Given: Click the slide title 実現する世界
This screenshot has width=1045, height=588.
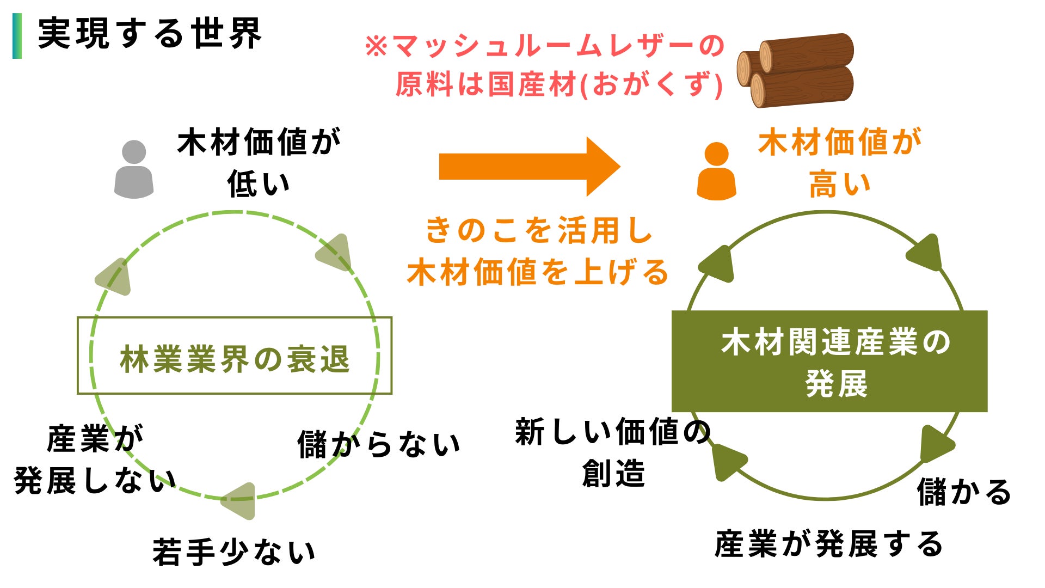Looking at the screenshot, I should [150, 34].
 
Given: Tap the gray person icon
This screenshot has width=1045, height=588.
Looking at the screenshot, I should [134, 169].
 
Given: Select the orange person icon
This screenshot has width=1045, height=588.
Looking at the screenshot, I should [716, 171].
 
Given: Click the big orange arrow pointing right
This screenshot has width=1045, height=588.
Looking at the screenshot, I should [528, 167].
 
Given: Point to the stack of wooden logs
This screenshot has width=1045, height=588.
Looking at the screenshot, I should [796, 70].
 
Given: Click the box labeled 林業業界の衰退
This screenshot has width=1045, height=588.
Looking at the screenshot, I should [235, 356].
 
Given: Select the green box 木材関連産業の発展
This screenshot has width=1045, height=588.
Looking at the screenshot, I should [829, 361].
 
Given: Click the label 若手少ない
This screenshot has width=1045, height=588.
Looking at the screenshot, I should [234, 552].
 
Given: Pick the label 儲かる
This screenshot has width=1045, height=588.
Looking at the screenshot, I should [964, 492].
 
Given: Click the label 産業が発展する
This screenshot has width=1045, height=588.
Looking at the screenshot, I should [828, 544].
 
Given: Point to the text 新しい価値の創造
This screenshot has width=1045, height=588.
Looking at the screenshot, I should [613, 452].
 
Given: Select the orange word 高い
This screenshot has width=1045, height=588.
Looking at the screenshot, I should [839, 184].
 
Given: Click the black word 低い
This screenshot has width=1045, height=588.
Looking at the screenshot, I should [259, 184].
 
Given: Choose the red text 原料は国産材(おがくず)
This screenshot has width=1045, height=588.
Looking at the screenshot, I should [559, 85].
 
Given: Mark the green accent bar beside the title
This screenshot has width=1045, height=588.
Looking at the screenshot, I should [17, 36].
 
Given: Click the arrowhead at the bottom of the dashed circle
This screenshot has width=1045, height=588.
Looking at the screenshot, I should [239, 500].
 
